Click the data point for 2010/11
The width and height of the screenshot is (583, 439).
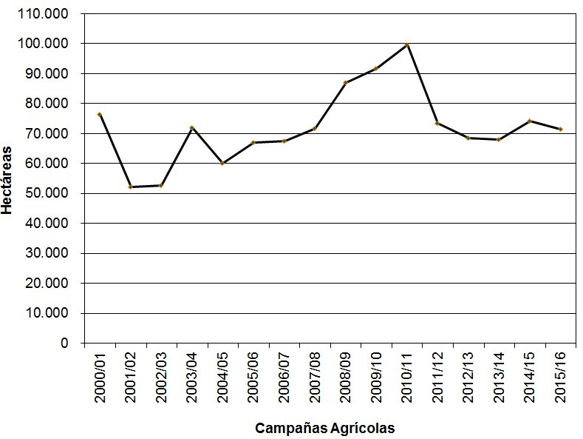407,45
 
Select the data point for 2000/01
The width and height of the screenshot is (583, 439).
99,114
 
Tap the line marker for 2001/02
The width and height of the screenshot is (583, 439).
130,187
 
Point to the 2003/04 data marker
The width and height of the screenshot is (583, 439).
191,128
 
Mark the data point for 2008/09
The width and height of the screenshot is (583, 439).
345,82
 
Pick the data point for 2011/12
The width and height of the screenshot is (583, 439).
437,124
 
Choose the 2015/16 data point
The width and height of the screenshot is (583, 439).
561,130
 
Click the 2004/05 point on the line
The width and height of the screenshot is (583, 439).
222,164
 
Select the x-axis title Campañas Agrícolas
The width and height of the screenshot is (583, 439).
325,428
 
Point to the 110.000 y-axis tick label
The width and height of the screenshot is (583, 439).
46,14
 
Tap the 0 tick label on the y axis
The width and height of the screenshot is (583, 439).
65,344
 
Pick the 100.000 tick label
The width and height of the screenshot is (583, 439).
46,44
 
